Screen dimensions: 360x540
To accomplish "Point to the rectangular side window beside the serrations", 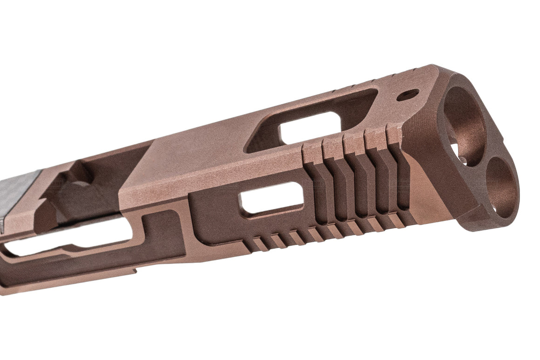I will tap(271, 198).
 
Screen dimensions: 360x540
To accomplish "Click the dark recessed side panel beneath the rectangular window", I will tap(219, 228).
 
